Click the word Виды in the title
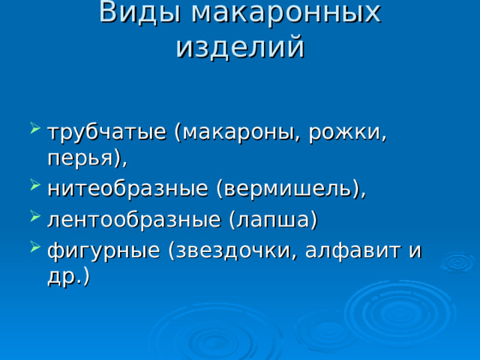tap(139, 12)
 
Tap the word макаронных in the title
tap(286, 12)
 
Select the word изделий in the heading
tap(241, 47)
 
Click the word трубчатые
tap(107, 133)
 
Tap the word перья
tap(87, 158)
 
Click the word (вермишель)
tap(291, 188)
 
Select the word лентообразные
tap(134, 219)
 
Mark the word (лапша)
tap(273, 220)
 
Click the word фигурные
tap(104, 251)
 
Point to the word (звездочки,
tap(233, 251)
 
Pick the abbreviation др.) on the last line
tap(69, 276)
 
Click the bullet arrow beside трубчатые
tap(35, 128)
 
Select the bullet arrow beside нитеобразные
tap(35, 185)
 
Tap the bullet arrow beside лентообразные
tap(35, 216)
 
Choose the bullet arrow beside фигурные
tap(35, 247)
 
